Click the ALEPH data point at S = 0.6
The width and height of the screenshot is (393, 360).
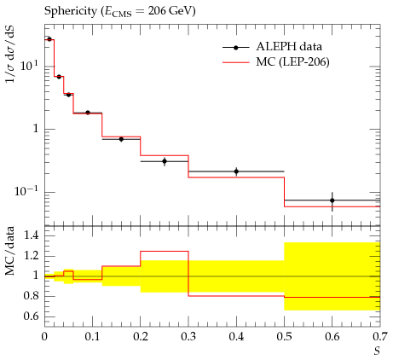(332, 200)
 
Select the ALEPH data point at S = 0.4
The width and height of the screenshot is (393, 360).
(236, 171)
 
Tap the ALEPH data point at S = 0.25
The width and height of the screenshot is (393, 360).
(165, 161)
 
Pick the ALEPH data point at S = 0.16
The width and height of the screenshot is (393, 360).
(121, 139)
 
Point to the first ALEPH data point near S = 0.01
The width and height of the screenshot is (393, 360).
(49, 39)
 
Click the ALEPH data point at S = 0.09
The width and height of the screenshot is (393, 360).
(88, 113)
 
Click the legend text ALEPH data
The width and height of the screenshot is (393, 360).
(289, 46)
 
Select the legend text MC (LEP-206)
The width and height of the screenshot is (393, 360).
(292, 61)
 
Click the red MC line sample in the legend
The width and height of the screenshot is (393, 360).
(236, 62)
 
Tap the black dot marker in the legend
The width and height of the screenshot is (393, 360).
(236, 48)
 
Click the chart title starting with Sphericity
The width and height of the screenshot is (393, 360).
(119, 12)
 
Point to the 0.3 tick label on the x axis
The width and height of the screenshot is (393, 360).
(188, 337)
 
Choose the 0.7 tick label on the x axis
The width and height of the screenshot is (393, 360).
(380, 337)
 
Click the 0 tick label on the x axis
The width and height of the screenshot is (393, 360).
(44, 337)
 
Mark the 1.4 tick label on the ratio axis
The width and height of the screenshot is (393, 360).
(31, 235)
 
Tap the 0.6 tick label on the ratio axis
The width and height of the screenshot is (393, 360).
(31, 316)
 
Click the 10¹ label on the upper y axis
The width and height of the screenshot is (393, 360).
(29, 66)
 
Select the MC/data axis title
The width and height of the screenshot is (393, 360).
(10, 251)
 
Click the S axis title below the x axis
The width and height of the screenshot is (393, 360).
(377, 351)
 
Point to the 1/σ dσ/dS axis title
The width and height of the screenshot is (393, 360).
(10, 54)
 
